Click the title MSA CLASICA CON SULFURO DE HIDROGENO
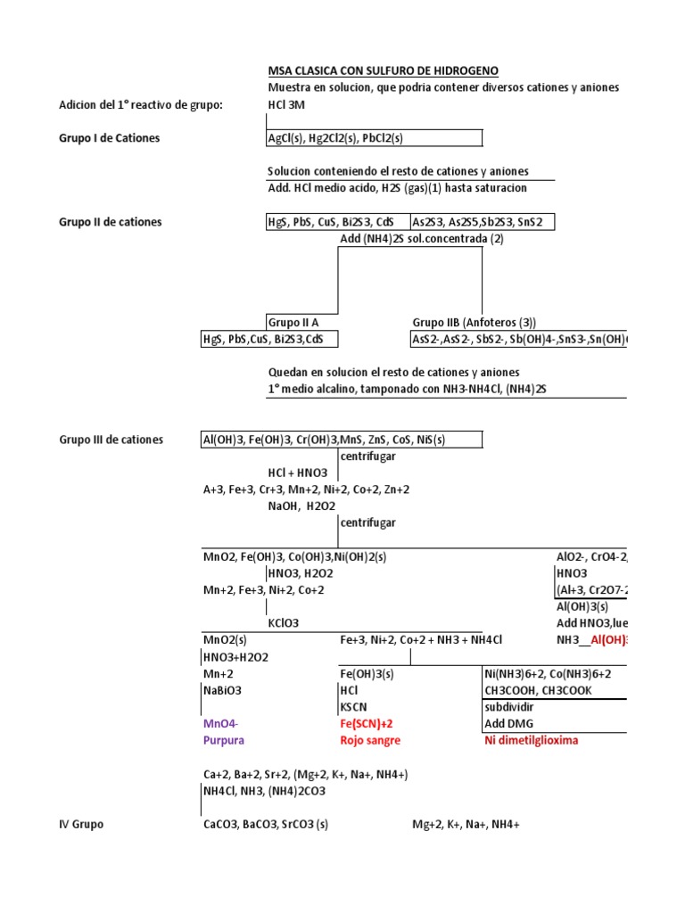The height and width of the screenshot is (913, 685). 384,70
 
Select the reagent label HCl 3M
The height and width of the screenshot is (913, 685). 286,104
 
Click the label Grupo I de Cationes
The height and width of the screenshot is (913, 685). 110,138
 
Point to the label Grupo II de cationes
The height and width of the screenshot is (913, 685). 111,222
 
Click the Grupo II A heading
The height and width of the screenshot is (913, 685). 293,322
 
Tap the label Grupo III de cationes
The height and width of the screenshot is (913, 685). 111,440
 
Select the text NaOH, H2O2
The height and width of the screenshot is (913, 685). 301,506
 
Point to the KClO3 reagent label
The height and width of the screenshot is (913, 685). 284,623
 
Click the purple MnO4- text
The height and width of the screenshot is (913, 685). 221,724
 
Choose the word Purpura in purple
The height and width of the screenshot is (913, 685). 224,740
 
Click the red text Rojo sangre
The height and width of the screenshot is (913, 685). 370,740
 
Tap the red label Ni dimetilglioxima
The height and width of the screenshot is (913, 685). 531,740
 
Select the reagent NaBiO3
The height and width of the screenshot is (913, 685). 223,690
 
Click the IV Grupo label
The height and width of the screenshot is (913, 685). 81,825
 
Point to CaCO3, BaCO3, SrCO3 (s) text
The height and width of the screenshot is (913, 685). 266,825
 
